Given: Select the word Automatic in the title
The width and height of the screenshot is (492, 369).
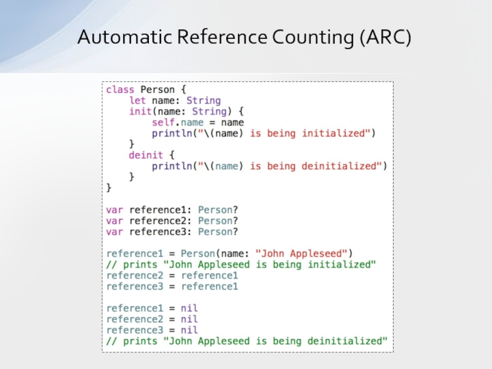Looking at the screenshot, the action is tap(125, 38).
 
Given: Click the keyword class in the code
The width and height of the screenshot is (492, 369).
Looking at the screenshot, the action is tap(120, 89).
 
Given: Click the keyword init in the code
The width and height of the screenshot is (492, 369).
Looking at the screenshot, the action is tap(140, 111).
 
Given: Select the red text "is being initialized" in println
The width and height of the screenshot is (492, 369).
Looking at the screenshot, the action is tap(312, 133).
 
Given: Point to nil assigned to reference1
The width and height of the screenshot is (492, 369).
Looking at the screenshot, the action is tap(189, 307).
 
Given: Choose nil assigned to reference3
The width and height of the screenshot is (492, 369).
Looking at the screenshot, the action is tap(189, 330).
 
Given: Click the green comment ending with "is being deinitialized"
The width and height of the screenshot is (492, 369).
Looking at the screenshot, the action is tap(247, 341).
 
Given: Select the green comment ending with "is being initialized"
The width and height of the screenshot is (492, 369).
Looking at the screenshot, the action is tap(240, 264).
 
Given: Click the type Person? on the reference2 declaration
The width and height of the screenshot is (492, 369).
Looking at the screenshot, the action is tap(218, 220).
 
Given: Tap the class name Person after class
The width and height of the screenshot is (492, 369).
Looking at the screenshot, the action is tap(158, 89).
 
